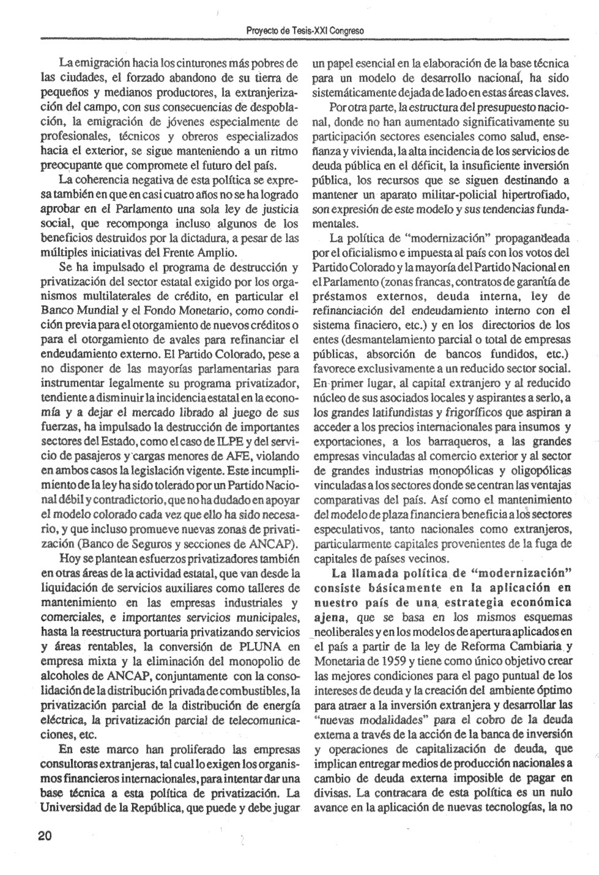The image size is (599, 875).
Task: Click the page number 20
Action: click(45, 836)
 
